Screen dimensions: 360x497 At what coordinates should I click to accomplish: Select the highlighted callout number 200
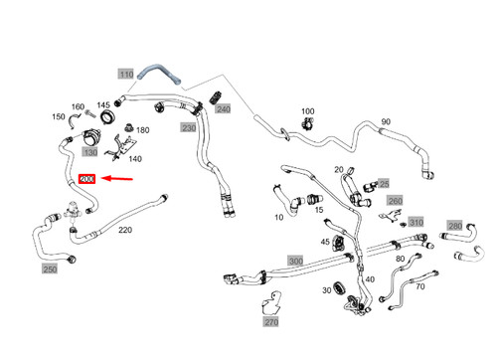[x=86, y=180]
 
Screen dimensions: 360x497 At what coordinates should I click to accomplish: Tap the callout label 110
[x=125, y=74]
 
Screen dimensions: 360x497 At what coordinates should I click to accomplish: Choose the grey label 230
[x=189, y=127]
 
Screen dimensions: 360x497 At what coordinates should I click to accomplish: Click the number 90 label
[x=385, y=122]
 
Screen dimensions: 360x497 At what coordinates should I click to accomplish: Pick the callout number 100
[x=307, y=111]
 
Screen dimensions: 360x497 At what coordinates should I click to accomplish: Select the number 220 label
[x=125, y=230]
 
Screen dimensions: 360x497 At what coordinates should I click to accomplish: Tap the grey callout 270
[x=271, y=322]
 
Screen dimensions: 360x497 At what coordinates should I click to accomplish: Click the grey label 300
[x=294, y=261]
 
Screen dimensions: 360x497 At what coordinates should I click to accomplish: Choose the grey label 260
[x=396, y=201]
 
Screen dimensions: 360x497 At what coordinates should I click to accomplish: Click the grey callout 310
[x=415, y=222]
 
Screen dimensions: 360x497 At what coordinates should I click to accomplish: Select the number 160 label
[x=78, y=107]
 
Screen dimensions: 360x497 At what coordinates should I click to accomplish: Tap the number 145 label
[x=103, y=105]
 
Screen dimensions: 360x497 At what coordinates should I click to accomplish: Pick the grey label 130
[x=90, y=152]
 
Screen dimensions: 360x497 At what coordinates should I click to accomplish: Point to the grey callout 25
[x=385, y=184]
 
